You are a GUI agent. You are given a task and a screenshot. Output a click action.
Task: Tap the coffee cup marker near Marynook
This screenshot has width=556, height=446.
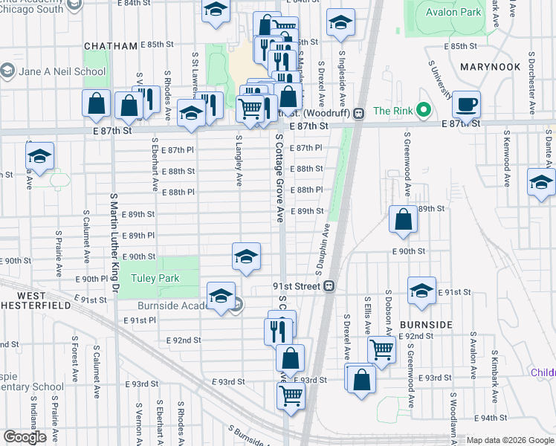pos(466,103)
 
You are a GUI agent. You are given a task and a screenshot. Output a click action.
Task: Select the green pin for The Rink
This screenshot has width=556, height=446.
pos(424,111)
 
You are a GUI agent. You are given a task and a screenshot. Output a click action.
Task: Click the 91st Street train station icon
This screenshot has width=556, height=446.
pos(328,285)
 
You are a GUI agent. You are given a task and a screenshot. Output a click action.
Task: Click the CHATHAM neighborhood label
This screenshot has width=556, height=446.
pos(111,45)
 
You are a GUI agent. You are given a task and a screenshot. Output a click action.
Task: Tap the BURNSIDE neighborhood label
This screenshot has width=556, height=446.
pos(426,325)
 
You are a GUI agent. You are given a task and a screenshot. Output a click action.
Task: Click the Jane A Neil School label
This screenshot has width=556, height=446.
pos(63,71)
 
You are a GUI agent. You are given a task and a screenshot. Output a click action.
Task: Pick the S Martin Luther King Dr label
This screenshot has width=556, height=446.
pos(114,243)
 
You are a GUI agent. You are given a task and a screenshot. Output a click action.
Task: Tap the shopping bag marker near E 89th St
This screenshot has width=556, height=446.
pos(403,219)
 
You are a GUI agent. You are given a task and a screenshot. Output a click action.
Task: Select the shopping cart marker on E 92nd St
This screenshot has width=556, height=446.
pos(381,347)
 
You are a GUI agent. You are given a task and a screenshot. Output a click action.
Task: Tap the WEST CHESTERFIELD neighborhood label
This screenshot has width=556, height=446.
pos(41,298)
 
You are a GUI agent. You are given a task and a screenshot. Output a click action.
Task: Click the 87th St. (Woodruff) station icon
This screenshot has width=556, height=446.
pos(358,113)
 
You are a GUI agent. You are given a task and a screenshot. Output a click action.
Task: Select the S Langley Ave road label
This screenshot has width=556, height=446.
pos(239,160)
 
